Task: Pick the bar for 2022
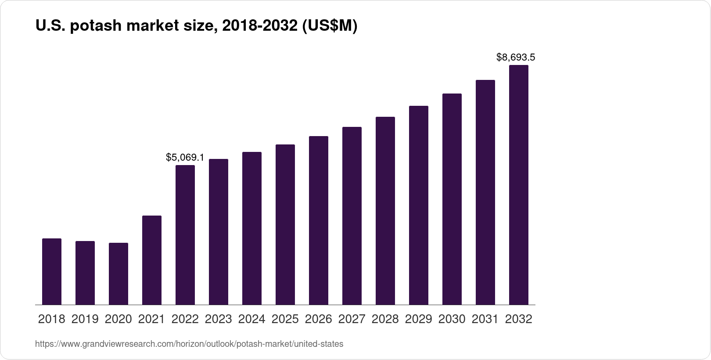coord(185,235)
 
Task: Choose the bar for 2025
coord(285,224)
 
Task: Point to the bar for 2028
coord(385,211)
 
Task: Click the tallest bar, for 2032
coord(519,185)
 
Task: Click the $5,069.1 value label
coord(185,157)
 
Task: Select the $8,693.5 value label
coord(516,57)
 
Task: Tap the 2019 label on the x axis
coord(85,319)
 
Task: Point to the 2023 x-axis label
coord(219,319)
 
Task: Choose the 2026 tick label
coord(319,319)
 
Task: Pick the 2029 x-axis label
coord(419,319)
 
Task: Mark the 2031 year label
coord(485,319)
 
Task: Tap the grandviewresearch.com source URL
coord(189,344)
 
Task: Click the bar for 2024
coord(252,228)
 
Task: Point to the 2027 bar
coord(352,216)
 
